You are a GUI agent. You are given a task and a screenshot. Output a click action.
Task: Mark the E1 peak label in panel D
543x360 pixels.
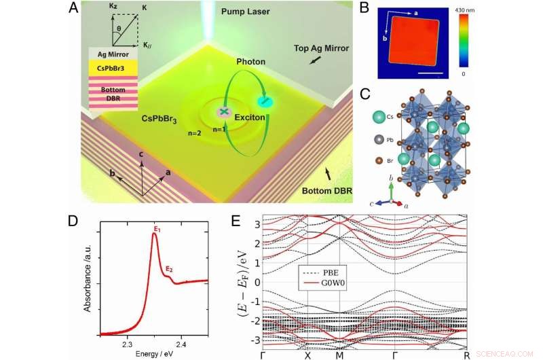click(156, 230)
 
